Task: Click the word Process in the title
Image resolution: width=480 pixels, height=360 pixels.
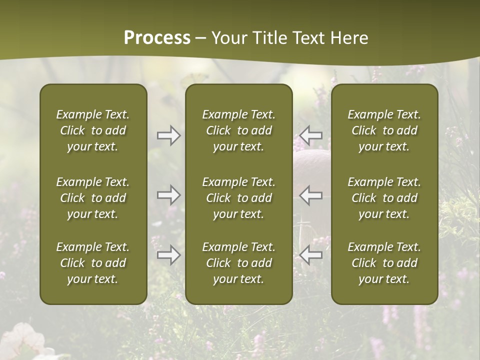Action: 157,38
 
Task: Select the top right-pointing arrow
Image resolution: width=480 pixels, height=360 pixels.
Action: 169,135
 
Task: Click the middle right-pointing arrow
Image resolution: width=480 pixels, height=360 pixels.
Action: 169,195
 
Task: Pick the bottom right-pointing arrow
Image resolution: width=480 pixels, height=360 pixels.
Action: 169,255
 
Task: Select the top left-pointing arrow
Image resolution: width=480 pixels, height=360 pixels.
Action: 310,135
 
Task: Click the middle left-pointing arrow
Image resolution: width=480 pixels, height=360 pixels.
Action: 310,195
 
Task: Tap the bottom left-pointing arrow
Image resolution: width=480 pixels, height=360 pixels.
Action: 310,255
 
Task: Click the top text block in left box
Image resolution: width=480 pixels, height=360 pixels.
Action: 93,130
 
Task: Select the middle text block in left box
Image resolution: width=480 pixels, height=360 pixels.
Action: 93,198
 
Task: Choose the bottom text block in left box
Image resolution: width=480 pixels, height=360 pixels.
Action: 93,263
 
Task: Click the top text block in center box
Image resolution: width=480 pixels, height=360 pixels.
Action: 238,130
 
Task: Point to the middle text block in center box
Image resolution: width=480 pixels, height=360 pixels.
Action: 238,198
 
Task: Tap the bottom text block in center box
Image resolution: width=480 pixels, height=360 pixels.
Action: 238,263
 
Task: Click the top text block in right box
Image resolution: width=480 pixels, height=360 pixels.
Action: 384,130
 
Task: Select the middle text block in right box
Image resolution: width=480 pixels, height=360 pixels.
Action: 384,198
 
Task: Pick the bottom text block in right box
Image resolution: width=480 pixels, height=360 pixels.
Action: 384,263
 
